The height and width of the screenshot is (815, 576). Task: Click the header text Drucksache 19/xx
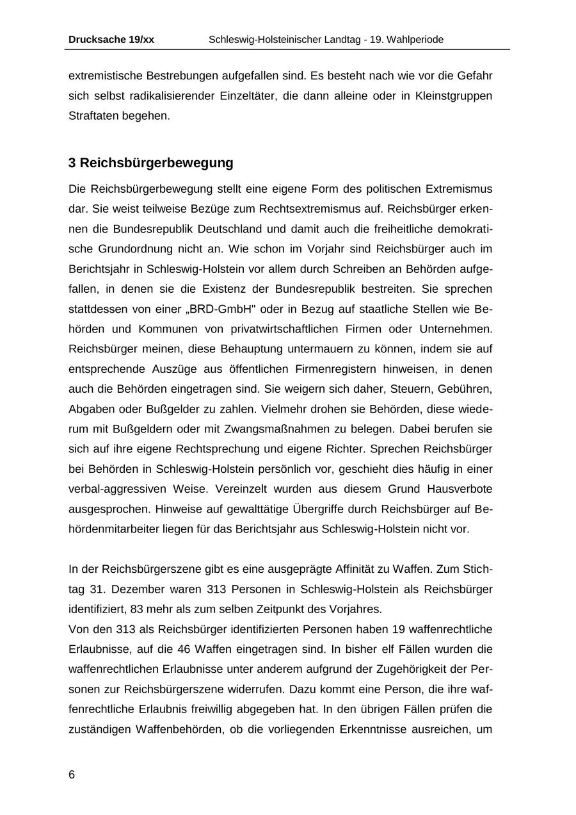pyautogui.click(x=111, y=40)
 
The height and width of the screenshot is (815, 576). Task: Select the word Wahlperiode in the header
pyautogui.click(x=413, y=40)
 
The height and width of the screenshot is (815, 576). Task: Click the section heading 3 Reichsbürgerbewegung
pyautogui.click(x=151, y=163)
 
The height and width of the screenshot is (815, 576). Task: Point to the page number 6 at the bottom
pyautogui.click(x=72, y=775)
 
